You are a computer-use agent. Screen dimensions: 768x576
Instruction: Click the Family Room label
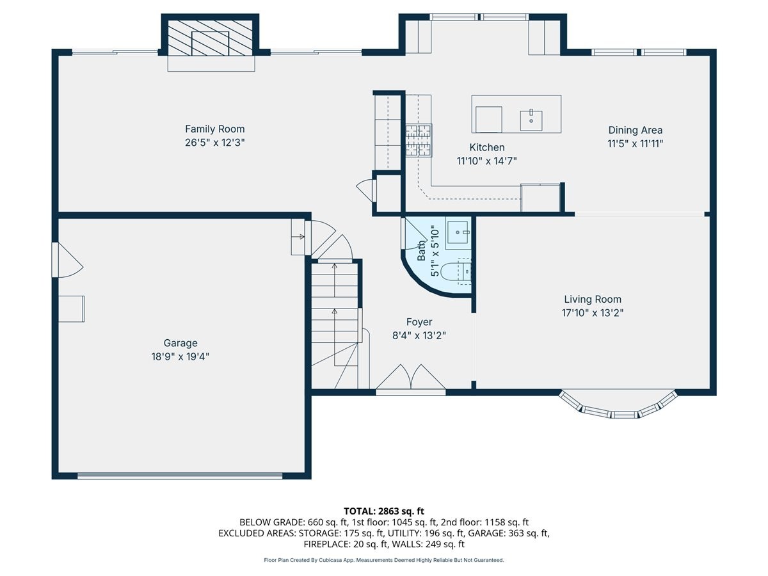[214, 129]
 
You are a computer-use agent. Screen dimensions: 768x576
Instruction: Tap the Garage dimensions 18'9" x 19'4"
[180, 356]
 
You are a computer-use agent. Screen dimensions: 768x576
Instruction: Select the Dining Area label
[635, 130]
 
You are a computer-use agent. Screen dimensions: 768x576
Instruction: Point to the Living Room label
[593, 300]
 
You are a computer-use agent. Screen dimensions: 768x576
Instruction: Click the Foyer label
[419, 322]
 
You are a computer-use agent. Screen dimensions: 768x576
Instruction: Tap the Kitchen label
[486, 147]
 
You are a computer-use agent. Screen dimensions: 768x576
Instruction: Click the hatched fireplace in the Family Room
[211, 38]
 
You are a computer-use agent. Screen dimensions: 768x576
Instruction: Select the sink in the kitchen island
[531, 121]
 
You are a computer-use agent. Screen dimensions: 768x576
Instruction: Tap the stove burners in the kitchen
[419, 140]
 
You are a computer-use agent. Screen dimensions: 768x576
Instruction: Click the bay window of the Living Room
[618, 405]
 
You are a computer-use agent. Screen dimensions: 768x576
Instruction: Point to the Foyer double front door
[410, 379]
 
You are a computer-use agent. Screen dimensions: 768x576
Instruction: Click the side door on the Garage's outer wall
[67, 260]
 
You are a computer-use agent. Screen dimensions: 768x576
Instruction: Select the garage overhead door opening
[179, 476]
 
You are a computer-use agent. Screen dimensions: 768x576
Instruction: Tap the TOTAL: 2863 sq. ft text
[384, 511]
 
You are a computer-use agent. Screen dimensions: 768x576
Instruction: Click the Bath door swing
[413, 233]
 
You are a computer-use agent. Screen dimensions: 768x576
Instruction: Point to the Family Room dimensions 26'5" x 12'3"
[214, 143]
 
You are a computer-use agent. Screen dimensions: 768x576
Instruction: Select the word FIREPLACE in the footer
[326, 544]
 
